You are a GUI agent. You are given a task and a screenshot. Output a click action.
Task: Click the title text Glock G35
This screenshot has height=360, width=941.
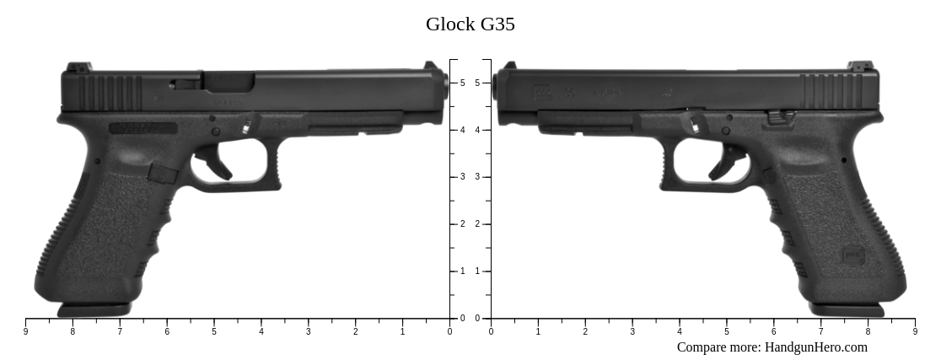[x=470, y=24]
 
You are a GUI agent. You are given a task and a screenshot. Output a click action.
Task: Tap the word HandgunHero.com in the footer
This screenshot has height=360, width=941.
[x=815, y=347]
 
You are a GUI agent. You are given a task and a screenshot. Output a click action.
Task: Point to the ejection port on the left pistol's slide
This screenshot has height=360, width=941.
[x=228, y=81]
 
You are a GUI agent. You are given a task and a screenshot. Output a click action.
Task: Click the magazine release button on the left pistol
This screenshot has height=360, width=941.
[x=163, y=174]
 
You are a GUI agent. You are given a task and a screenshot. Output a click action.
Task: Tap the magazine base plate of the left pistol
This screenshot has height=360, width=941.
[x=94, y=309]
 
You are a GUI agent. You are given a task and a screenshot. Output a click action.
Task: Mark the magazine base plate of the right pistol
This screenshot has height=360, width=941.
[x=847, y=309]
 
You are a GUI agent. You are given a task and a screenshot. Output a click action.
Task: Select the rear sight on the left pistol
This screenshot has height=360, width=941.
[x=77, y=67]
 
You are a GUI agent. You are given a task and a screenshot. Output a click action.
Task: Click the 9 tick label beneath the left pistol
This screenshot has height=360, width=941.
[x=25, y=332]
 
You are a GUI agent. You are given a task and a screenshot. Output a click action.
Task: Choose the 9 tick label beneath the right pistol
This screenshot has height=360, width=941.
[x=915, y=332]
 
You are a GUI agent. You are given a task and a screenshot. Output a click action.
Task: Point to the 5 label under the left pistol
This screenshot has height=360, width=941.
[x=214, y=332]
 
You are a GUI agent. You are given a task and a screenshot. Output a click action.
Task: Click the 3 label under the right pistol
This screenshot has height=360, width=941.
[x=632, y=332]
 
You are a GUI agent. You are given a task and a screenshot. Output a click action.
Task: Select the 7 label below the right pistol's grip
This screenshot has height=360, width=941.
[x=820, y=332]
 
